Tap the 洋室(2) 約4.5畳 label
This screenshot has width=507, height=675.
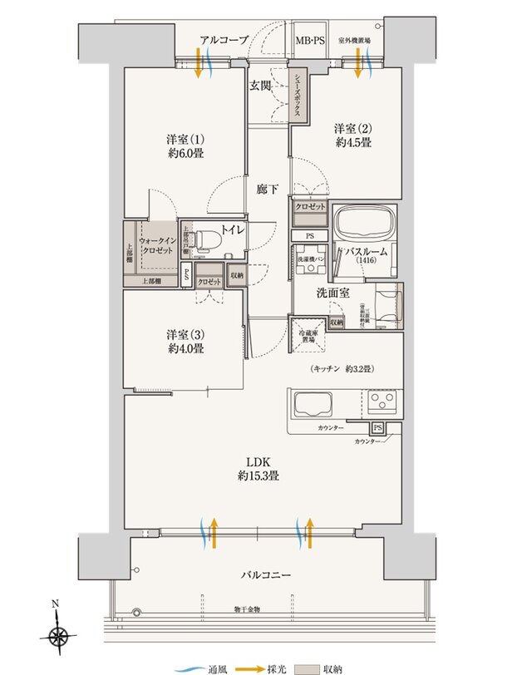pyautogui.click(x=353, y=135)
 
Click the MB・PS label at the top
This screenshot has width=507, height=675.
pyautogui.click(x=312, y=39)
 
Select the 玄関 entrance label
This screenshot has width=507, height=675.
pyautogui.click(x=260, y=86)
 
